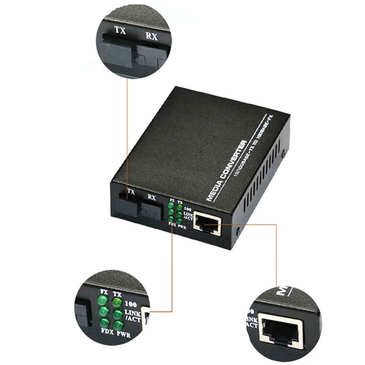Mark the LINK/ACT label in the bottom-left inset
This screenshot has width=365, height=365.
[133, 315]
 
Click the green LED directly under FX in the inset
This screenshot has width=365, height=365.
[104, 301]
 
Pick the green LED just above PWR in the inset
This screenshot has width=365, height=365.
[118, 324]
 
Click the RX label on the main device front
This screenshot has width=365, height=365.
[151, 198]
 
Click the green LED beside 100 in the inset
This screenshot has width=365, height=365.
[117, 302]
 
